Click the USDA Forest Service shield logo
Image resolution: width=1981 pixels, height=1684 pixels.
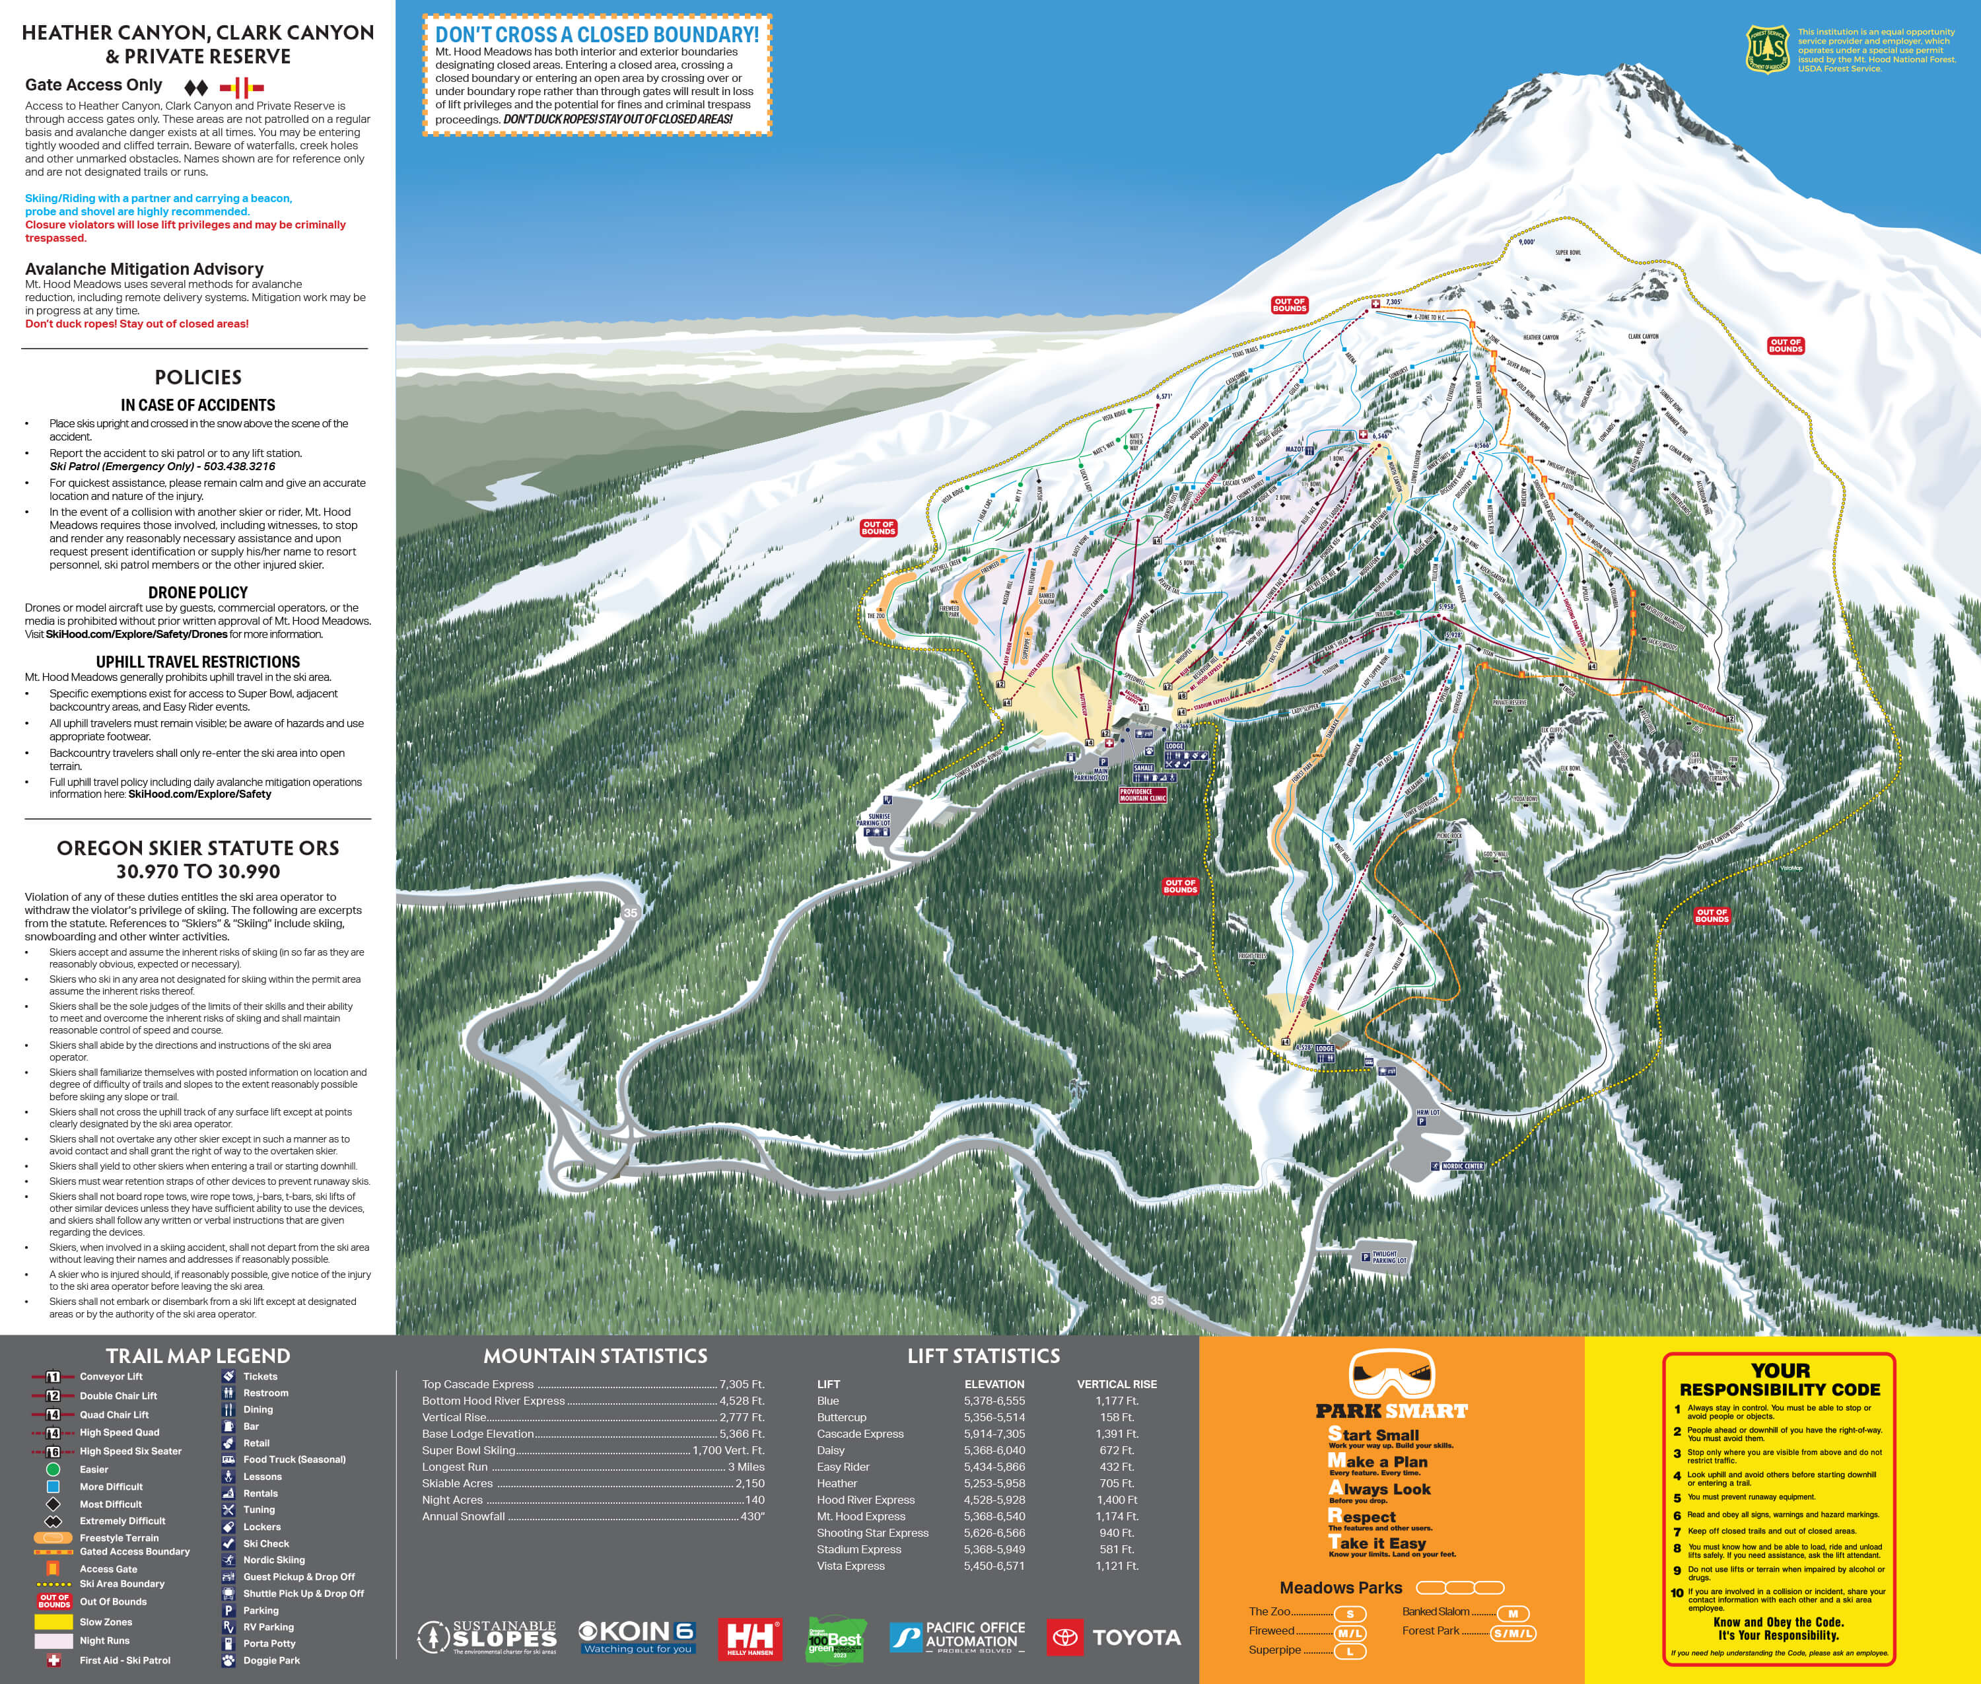pos(1766,49)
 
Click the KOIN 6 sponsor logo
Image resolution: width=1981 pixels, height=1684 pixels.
pos(637,1636)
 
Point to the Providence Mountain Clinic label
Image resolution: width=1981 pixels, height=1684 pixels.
pos(1143,794)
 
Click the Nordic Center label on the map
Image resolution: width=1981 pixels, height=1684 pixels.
pos(1461,1166)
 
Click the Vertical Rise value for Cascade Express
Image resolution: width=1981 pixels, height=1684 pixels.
pos(1117,1434)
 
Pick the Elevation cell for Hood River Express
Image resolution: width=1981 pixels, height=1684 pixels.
pos(994,1500)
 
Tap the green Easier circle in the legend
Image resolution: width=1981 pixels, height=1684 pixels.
pos(53,1469)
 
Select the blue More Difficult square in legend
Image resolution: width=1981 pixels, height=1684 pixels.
pos(53,1487)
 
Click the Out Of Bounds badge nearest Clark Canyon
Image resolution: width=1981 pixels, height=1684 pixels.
pos(1786,345)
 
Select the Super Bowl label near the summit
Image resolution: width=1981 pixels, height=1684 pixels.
pos(1568,253)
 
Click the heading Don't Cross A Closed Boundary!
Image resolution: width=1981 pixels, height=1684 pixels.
pos(597,34)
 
